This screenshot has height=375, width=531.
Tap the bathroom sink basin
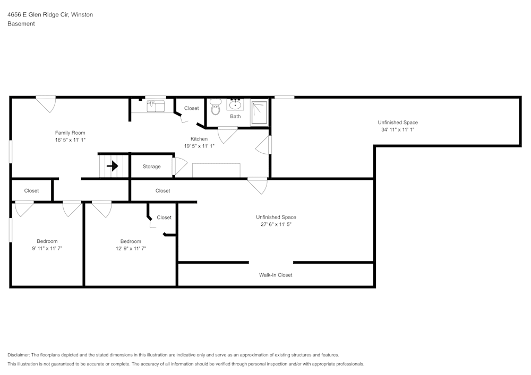click(235, 104)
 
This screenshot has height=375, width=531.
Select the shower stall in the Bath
click(259, 112)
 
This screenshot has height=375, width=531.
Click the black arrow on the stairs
click(112, 166)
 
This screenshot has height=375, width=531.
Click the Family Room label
click(70, 133)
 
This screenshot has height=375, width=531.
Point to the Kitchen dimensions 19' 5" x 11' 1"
click(199, 146)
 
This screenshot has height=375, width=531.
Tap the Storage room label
click(151, 167)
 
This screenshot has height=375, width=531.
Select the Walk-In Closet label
click(276, 275)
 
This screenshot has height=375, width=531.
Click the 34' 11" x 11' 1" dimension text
click(398, 129)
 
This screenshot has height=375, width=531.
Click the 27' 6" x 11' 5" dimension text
click(276, 224)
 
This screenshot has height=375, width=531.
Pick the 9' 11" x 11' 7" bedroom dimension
click(47, 248)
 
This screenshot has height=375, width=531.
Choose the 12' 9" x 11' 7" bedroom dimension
click(131, 248)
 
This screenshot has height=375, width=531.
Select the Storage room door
click(179, 167)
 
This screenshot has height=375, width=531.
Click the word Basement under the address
click(21, 24)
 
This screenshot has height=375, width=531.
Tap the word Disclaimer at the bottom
click(19, 355)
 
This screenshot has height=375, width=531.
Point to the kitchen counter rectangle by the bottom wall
click(216, 170)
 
